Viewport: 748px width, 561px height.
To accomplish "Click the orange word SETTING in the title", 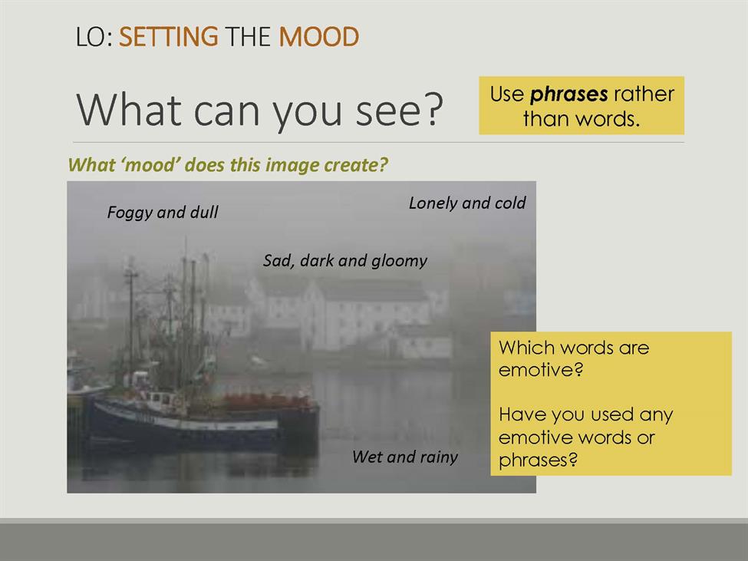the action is click(168, 37).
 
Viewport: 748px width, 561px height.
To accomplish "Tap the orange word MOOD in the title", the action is click(318, 37).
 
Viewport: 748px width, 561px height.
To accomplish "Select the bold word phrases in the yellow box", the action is click(568, 94).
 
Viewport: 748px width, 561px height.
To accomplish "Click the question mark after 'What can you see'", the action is click(433, 110).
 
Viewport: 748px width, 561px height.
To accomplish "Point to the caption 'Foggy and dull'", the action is click(163, 213).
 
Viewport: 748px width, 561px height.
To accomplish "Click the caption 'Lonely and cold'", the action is click(467, 203).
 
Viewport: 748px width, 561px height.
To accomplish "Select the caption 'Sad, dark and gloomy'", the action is click(345, 260).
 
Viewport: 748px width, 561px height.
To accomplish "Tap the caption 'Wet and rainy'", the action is click(405, 457).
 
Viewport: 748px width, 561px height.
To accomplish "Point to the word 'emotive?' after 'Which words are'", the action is click(541, 370).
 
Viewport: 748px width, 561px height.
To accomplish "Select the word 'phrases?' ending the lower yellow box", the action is click(538, 460).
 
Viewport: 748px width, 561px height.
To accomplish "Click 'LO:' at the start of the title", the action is click(94, 37).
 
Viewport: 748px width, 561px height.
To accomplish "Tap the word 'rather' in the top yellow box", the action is click(644, 94).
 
